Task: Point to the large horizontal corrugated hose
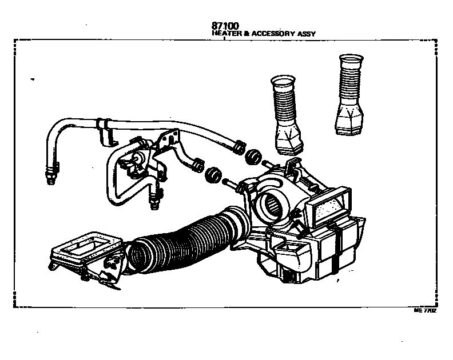pyautogui.click(x=183, y=243)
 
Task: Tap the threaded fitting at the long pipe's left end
pyautogui.click(x=50, y=171)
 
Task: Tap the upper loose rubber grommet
pyautogui.click(x=253, y=156)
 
